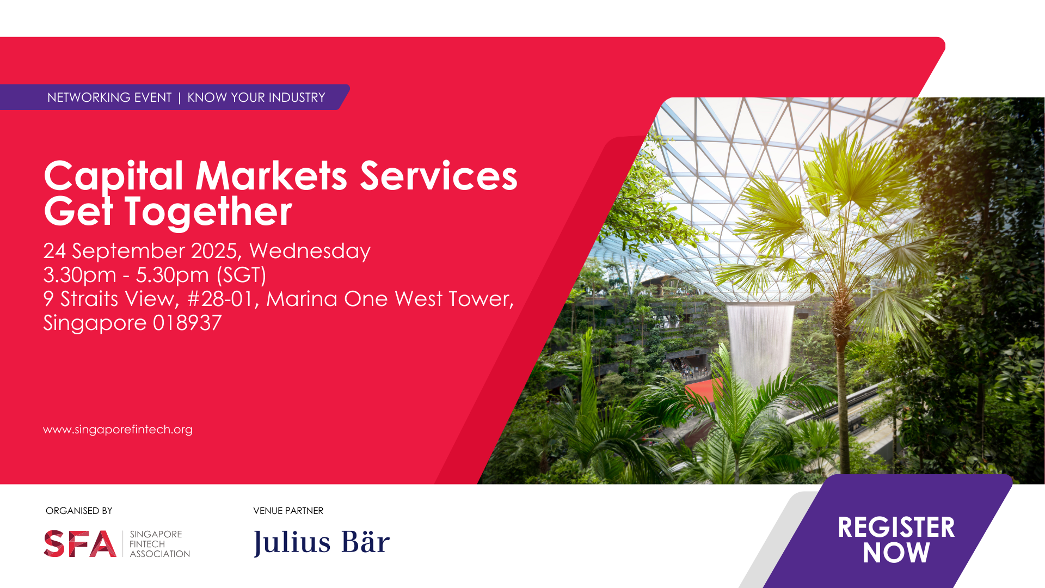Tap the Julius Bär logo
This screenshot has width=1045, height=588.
click(x=322, y=542)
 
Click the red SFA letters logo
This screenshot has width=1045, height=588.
click(x=80, y=544)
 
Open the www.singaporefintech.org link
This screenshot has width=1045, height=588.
click(x=118, y=430)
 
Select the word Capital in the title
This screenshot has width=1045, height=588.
click(x=113, y=176)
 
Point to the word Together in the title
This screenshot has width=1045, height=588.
click(x=208, y=211)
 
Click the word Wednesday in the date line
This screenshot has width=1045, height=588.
click(x=310, y=251)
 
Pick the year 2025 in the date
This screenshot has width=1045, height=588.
click(x=215, y=251)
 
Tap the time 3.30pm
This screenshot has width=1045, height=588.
click(x=79, y=275)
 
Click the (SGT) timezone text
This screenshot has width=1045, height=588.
click(x=241, y=275)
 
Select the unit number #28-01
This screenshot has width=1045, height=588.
click(x=223, y=299)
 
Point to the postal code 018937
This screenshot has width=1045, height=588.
click(x=187, y=323)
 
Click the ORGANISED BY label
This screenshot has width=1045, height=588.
click(x=79, y=511)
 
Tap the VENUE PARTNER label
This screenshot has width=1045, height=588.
click(x=288, y=511)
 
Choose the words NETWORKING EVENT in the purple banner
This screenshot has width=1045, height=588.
click(x=109, y=97)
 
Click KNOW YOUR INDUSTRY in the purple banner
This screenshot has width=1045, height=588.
click(x=256, y=97)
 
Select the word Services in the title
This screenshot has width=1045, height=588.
click(x=439, y=176)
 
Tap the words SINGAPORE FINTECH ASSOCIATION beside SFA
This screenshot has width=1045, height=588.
click(x=159, y=544)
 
